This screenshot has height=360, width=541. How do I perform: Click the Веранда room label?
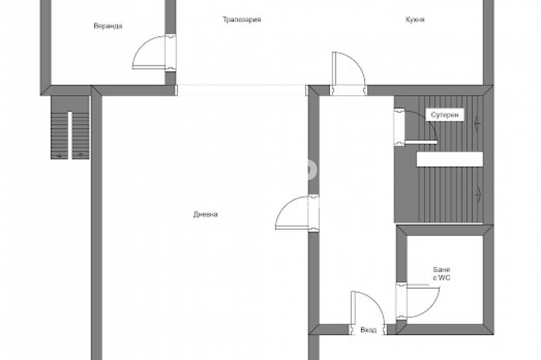[x=108, y=26]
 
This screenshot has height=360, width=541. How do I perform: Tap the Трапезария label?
[x=241, y=19]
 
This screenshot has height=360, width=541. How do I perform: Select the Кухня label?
[x=415, y=19]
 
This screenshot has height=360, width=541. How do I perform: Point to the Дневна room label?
[x=205, y=215]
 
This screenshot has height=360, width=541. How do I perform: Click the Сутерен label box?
[x=445, y=115]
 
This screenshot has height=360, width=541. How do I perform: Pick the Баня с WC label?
[x=441, y=274]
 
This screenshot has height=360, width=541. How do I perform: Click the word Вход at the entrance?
[x=368, y=330]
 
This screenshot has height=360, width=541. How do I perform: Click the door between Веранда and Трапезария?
[x=154, y=52]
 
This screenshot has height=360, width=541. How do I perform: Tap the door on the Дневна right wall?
[x=297, y=212]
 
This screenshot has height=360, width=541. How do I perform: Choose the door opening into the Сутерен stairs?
[x=415, y=127]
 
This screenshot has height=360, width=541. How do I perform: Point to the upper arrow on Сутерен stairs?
[x=478, y=122]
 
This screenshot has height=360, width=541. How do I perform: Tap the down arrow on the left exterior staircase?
[x=60, y=155]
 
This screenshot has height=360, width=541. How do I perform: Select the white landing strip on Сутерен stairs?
[x=450, y=159]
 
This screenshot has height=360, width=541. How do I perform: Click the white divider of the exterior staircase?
[x=70, y=135]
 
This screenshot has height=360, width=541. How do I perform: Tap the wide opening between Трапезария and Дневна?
[x=241, y=90]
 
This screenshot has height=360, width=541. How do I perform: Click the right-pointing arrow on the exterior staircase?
[x=81, y=155]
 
